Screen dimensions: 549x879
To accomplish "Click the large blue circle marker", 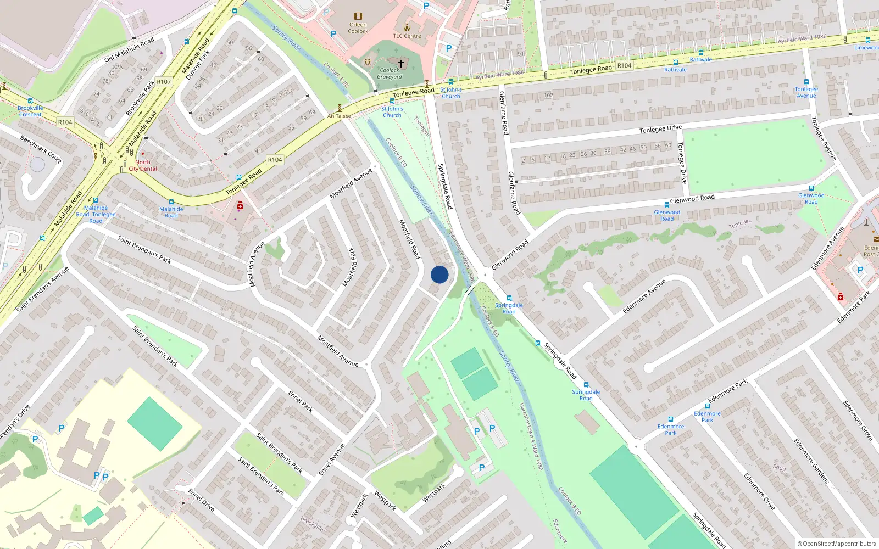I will click(x=439, y=274).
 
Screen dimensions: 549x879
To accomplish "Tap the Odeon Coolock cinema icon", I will click(x=358, y=16).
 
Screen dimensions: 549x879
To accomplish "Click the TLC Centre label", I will click(x=407, y=36).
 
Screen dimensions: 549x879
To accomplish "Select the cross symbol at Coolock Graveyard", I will click(x=401, y=64).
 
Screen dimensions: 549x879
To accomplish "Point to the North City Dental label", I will click(x=143, y=165).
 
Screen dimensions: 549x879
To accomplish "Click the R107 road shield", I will click(x=164, y=82).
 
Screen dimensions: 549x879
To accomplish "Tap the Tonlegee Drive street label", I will click(x=660, y=129).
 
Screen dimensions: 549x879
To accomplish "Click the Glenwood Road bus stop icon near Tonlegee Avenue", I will click(x=811, y=188).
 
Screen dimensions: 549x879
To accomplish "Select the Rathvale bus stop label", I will click(x=675, y=70).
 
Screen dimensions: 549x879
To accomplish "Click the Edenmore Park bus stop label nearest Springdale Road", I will click(x=671, y=429).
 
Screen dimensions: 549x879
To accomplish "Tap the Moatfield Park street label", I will click(x=350, y=267).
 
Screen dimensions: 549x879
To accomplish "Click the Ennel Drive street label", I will click(x=201, y=500).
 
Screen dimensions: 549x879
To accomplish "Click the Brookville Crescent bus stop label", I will click(x=30, y=111).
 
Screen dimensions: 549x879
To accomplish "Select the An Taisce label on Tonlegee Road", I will click(x=339, y=116).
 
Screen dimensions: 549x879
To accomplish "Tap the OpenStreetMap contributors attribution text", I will click(x=836, y=544).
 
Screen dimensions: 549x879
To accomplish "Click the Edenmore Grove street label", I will click(x=858, y=421).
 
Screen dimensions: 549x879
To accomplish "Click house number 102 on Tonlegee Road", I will click(x=548, y=96).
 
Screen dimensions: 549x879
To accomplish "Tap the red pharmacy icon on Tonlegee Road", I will click(x=240, y=206).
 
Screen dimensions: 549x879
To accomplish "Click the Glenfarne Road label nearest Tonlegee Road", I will click(x=503, y=113).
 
